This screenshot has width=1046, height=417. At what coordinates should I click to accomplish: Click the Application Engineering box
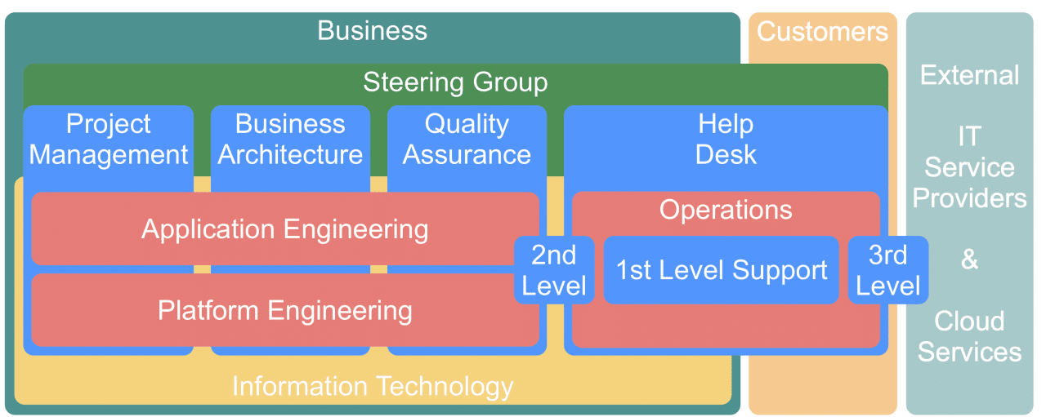coord(284,229)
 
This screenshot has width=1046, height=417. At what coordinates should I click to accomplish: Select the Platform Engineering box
coord(284,310)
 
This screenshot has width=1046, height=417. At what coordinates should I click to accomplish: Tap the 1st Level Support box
coord(722,270)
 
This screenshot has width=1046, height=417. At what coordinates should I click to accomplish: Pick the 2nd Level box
coord(554,270)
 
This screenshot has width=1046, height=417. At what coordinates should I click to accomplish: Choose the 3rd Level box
coord(887,270)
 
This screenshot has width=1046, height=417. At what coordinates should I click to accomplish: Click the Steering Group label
coord(455,82)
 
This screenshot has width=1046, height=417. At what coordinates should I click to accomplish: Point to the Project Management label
coord(109,139)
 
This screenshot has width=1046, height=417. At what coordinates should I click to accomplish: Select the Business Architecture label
coord(290,139)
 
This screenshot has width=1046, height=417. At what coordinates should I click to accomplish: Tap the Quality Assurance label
coord(467,139)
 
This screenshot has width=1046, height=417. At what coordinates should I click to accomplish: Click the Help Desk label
coord(726,139)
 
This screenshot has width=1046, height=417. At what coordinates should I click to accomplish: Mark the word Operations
coord(726,210)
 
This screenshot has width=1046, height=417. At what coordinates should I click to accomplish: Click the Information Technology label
coord(373,386)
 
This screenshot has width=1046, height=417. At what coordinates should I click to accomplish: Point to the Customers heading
coord(822,31)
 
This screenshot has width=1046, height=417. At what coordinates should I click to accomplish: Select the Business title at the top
coord(372,31)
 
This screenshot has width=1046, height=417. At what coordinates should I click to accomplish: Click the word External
coord(969,75)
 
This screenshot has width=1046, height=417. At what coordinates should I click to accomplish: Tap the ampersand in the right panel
coord(969,260)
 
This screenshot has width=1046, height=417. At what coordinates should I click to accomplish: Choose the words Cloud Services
coord(969,336)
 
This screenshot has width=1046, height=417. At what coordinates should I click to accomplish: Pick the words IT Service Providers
coord(969,167)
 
